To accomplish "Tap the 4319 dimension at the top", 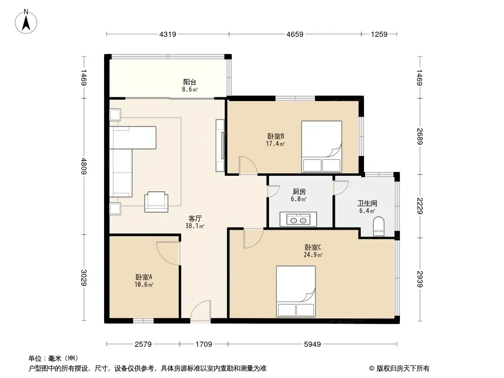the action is coord(168,34).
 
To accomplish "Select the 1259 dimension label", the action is coord(379,34).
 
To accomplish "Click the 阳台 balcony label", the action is coord(190,82).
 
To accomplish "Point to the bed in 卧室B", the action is coord(322,146).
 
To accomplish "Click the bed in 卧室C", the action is coord(296,291).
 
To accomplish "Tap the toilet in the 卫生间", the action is coord(379,226).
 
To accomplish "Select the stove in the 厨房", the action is coord(298,219).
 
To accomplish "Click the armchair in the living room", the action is coord(156,202).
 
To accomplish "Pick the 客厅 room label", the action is coord(195,219).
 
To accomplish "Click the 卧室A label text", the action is coord(144,277).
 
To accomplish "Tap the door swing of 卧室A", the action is coord(168,253).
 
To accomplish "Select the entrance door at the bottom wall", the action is coord(200,311).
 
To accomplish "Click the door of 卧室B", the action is coord(248,165).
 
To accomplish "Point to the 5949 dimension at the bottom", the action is coord(313,344).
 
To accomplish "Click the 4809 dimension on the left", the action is coord(84,166).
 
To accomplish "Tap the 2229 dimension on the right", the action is coord(420,206).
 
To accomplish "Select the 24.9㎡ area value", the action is coord(313,255).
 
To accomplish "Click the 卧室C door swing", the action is coord(253,238).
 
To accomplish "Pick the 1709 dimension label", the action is coord(204,344).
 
